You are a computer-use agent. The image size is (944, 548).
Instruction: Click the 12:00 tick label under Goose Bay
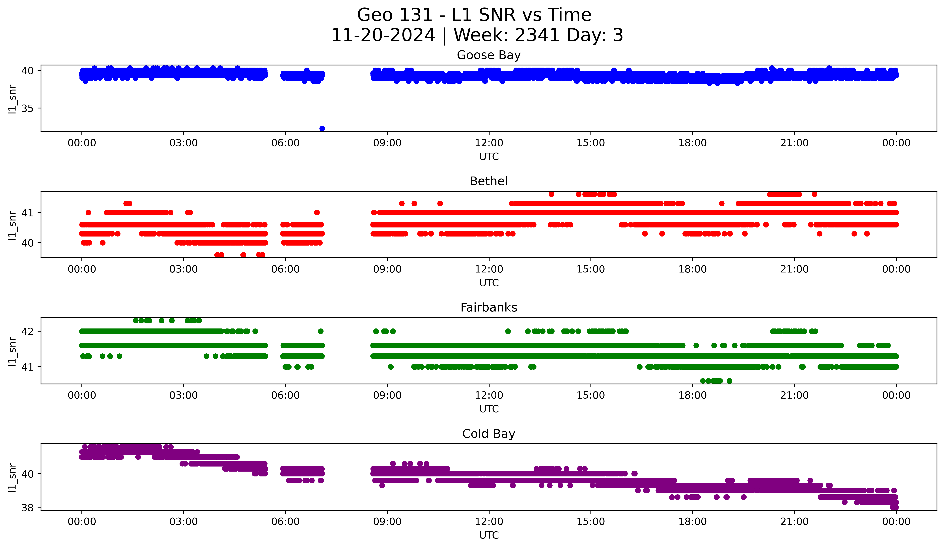[489, 143]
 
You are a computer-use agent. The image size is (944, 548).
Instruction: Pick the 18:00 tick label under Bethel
[692, 269]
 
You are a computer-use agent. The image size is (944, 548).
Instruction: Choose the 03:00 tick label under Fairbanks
[184, 396]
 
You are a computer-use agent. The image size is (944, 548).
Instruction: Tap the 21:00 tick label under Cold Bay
[794, 522]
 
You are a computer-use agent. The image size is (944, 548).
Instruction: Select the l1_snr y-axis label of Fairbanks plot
[12, 351]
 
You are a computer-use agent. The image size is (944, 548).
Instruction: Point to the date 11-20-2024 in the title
[383, 35]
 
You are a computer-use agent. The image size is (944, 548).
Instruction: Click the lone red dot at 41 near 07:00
[317, 212]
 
